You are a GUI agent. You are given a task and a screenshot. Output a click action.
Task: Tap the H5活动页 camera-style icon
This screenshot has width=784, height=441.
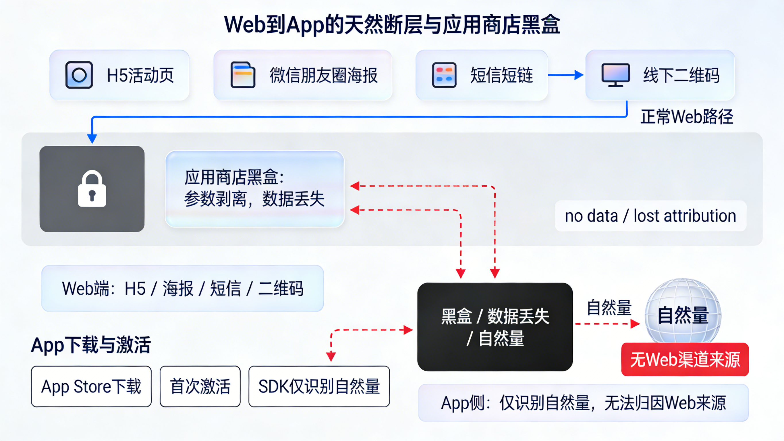click(79, 75)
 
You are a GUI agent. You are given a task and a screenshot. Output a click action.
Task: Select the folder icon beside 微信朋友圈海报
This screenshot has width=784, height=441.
click(243, 75)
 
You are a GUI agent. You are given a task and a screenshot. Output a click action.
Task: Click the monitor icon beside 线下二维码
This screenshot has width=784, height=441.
click(615, 74)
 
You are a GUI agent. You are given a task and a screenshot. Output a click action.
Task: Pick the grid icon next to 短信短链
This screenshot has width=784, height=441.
click(444, 75)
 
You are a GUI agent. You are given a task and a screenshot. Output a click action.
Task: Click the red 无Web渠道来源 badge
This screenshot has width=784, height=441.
click(685, 359)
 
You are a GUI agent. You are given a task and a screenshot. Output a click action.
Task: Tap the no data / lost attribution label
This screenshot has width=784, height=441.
click(650, 216)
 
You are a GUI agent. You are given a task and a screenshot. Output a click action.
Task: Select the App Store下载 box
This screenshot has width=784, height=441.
click(91, 386)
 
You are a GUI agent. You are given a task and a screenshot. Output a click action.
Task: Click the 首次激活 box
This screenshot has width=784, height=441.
click(200, 386)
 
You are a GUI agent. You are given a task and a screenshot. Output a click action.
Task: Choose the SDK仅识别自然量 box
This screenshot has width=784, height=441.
click(319, 386)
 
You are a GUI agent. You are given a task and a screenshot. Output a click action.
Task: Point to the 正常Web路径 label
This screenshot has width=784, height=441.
click(687, 117)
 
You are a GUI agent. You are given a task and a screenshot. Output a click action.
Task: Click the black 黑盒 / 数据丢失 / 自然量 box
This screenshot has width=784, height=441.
click(495, 327)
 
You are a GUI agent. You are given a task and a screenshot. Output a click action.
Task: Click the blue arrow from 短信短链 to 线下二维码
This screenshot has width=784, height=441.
click(565, 75)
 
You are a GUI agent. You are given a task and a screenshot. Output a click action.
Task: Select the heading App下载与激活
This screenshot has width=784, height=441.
click(91, 345)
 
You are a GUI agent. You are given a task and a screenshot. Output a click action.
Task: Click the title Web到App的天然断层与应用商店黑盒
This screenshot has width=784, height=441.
click(392, 24)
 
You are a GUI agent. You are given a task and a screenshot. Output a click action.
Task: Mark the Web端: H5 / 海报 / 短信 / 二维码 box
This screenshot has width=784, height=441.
click(183, 288)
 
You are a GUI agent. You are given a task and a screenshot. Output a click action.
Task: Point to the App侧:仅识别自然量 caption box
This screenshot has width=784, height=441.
click(583, 403)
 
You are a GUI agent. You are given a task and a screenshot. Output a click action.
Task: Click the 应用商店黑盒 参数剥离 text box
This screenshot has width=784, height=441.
click(254, 189)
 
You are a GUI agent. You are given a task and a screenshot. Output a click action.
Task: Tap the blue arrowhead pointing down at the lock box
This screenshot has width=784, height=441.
click(92, 139)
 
